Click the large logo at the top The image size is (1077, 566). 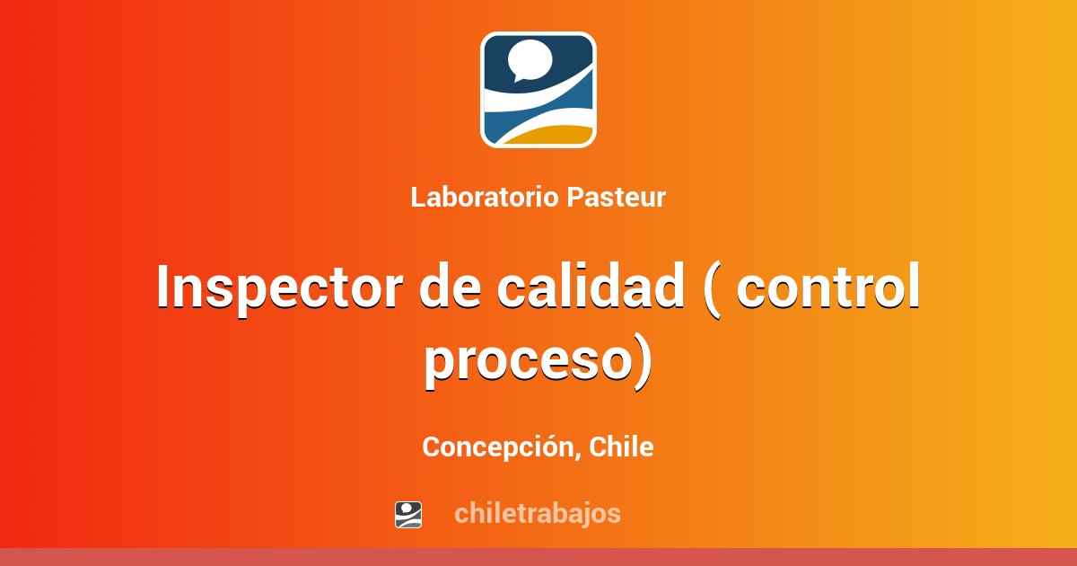click(x=538, y=90)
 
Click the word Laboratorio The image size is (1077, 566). click(x=485, y=198)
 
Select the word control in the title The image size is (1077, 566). click(x=829, y=287)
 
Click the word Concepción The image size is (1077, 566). click(x=499, y=447)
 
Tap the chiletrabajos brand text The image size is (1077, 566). click(x=537, y=514)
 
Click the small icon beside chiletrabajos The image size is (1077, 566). click(x=408, y=514)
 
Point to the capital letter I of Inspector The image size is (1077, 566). click(x=162, y=287)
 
